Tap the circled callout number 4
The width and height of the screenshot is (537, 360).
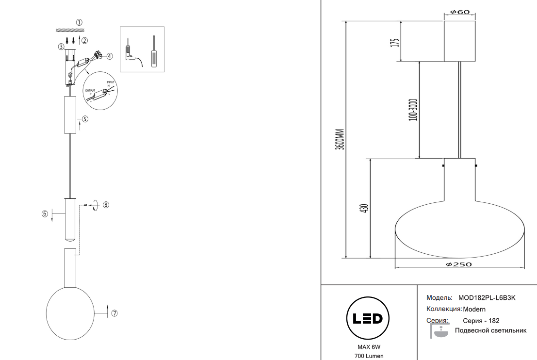(110, 56)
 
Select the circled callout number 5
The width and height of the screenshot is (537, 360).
(85, 118)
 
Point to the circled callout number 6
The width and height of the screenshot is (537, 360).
(45, 213)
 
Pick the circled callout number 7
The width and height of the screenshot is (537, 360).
(114, 313)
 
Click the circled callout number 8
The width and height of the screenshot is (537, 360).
(106, 205)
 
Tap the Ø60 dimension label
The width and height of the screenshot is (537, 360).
(460, 12)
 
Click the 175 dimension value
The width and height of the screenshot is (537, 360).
(395, 42)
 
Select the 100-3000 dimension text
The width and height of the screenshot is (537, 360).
(413, 110)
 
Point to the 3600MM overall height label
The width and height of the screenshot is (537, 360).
(341, 139)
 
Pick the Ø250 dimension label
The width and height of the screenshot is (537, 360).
(458, 264)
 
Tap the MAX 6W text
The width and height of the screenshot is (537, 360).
(369, 347)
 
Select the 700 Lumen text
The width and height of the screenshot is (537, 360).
(369, 356)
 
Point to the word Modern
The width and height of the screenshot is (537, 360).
(474, 309)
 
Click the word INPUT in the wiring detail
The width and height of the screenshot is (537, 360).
(111, 82)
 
